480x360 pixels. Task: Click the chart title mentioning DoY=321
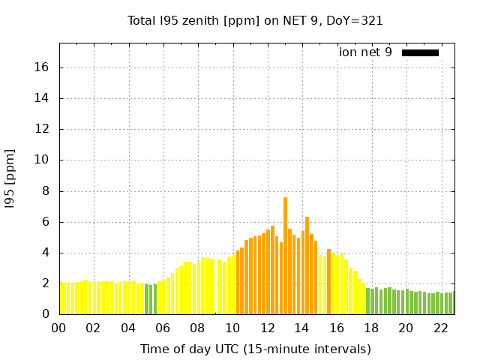coord(255,21)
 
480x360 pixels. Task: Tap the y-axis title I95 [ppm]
coord(10,178)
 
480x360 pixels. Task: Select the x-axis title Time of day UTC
coord(255,349)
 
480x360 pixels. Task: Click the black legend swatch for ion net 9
coord(420,52)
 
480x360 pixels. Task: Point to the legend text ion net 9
coord(365,52)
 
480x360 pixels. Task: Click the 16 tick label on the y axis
coord(42,67)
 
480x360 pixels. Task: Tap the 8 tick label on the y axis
coord(45,191)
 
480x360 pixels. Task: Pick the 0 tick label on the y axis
coord(45,314)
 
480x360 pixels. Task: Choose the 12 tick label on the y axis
coord(42,129)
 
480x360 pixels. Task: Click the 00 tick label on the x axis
coord(59,328)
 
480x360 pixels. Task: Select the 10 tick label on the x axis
coord(232,328)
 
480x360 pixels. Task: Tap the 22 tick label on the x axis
coord(441,328)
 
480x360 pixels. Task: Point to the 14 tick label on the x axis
coord(302,328)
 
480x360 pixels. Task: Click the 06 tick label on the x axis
coord(163,328)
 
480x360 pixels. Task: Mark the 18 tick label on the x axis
coord(371,328)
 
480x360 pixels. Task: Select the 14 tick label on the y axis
coord(42,98)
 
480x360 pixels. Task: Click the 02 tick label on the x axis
coord(94,328)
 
